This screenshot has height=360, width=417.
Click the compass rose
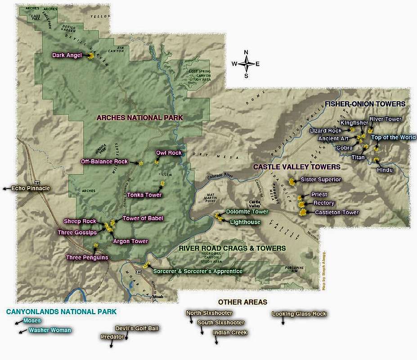pos(246,63)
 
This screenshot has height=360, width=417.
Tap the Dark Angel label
pos(67,55)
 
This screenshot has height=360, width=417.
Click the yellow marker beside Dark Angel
pos(91,56)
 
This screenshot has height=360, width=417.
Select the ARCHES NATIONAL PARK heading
pos(140,117)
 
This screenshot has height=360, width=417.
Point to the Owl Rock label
pos(169,153)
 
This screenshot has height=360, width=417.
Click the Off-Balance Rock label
pos(104,162)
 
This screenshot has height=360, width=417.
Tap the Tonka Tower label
pos(144,195)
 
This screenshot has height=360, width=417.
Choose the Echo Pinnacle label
pos(31,189)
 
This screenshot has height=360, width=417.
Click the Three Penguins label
pos(87,257)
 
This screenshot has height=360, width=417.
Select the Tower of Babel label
pos(143,218)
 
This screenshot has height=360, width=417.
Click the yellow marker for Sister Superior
pos(291,182)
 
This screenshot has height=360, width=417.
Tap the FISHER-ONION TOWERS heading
pos(365,104)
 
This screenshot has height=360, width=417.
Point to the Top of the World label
pos(393,138)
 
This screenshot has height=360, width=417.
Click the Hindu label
pos(385,170)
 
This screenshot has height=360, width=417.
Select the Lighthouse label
pos(245,222)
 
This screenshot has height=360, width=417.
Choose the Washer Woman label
pos(49,330)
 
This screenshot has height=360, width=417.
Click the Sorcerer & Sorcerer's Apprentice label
pos(197,271)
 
